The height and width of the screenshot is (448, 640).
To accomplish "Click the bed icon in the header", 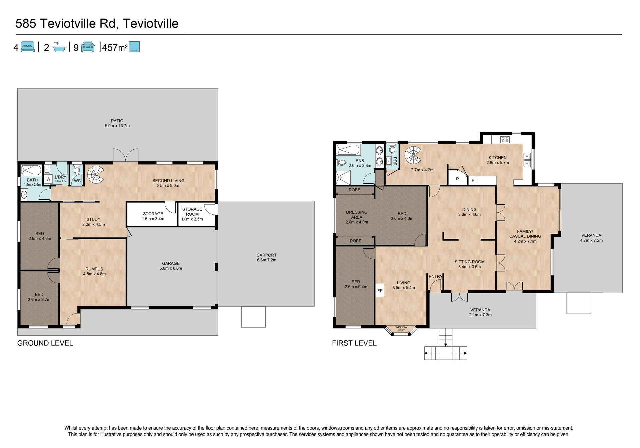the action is pos(28,47).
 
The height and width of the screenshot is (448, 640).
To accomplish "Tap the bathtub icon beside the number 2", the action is pos(59,47).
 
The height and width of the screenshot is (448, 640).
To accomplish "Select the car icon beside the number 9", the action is pos(88,47).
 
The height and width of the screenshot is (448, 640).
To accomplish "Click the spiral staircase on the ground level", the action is pos(96,175).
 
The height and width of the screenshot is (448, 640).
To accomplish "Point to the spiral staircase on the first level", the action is pos(413,155).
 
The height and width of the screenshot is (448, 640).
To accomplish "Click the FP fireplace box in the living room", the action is pos(380,291).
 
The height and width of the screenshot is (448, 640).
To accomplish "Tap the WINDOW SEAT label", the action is pos(401,329).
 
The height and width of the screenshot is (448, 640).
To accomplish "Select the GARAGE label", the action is pos(171,263).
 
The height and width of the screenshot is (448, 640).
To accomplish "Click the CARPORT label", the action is pos(267,255).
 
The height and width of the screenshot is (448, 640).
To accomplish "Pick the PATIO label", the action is pos(117,121).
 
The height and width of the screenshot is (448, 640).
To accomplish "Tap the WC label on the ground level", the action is pos(77,181).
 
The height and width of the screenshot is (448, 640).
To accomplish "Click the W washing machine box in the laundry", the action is pos(48,179).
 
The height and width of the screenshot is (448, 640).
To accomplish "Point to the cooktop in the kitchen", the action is pos(505,139).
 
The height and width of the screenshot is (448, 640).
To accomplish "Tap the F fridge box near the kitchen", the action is pos(473,181).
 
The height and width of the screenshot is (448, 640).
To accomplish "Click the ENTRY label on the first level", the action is pos(436,276).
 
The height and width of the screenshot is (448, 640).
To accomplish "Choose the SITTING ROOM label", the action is pos(470,262).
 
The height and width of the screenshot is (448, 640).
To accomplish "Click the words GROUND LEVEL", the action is pos(45,343).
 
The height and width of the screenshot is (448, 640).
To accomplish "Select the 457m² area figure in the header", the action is pos(115,47).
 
